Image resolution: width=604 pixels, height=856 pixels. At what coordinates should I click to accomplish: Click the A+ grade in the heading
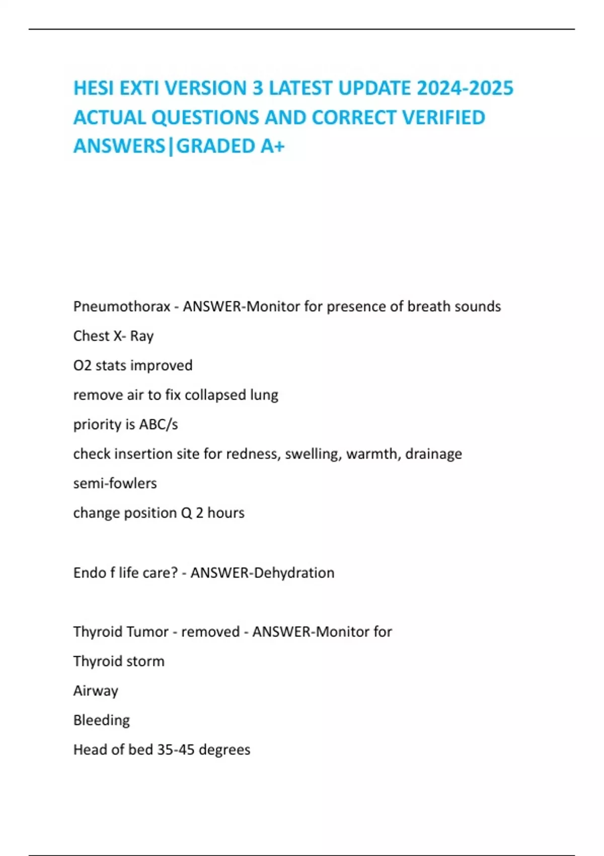point(272,146)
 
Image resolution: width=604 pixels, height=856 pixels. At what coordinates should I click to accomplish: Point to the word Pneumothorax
point(122,306)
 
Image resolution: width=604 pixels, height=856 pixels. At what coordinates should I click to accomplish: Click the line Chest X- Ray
point(113,336)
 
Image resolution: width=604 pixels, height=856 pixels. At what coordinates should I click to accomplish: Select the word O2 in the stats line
point(82,365)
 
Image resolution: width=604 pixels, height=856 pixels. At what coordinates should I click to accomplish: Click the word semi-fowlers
point(115,483)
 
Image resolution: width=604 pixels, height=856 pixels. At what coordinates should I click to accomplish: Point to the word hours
point(226,513)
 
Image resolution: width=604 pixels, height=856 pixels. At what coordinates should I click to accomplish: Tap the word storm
point(145,661)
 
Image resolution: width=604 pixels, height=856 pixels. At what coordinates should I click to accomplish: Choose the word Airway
point(96,691)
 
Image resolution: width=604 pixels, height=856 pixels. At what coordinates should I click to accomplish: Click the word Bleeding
point(101,720)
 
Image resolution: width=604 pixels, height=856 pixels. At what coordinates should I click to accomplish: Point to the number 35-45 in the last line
point(176,750)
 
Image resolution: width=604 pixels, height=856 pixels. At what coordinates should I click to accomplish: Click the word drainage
point(433,454)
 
